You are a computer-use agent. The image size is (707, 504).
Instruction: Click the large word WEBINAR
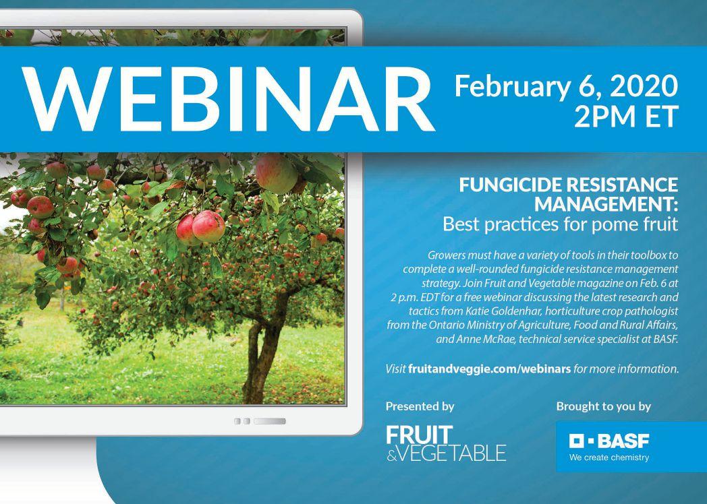click(229, 98)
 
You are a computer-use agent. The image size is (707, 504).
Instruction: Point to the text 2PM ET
click(626, 117)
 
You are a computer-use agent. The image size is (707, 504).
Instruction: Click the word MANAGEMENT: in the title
click(606, 204)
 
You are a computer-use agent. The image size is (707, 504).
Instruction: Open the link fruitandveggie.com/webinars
click(490, 369)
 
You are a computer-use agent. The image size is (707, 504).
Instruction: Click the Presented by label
click(420, 407)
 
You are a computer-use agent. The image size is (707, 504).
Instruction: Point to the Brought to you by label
click(603, 407)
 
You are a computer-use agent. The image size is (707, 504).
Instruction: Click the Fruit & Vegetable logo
click(446, 443)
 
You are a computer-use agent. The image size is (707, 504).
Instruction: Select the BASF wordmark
click(623, 441)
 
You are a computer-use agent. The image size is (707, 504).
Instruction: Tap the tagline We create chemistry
click(609, 458)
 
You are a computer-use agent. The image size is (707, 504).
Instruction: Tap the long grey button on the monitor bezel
click(270, 421)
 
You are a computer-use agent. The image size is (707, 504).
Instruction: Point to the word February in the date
click(512, 86)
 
